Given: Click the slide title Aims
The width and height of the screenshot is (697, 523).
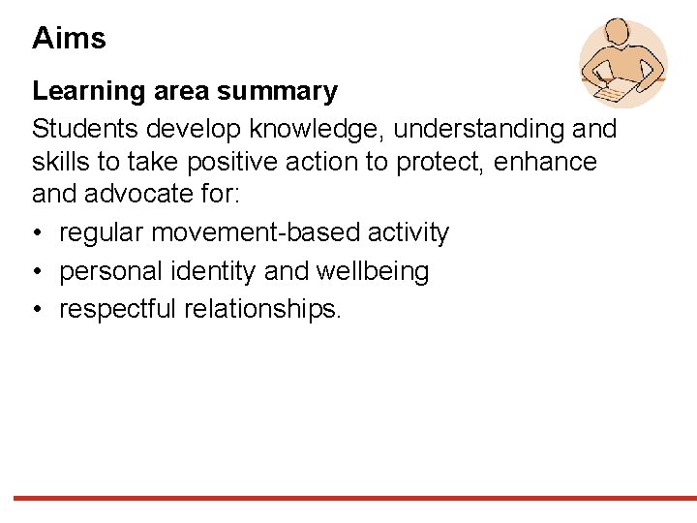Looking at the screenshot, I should [69, 39].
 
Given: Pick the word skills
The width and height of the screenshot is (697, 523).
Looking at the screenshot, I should [58, 161].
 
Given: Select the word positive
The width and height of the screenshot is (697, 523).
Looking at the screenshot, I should [205, 161].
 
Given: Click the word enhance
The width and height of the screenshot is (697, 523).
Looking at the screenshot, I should [546, 161].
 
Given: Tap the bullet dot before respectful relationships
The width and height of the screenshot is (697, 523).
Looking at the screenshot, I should [38, 310].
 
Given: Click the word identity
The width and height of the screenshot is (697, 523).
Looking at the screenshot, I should [212, 272].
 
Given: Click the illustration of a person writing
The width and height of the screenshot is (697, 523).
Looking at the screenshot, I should [622, 62].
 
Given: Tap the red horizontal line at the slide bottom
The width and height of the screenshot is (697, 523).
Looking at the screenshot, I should [348, 498].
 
